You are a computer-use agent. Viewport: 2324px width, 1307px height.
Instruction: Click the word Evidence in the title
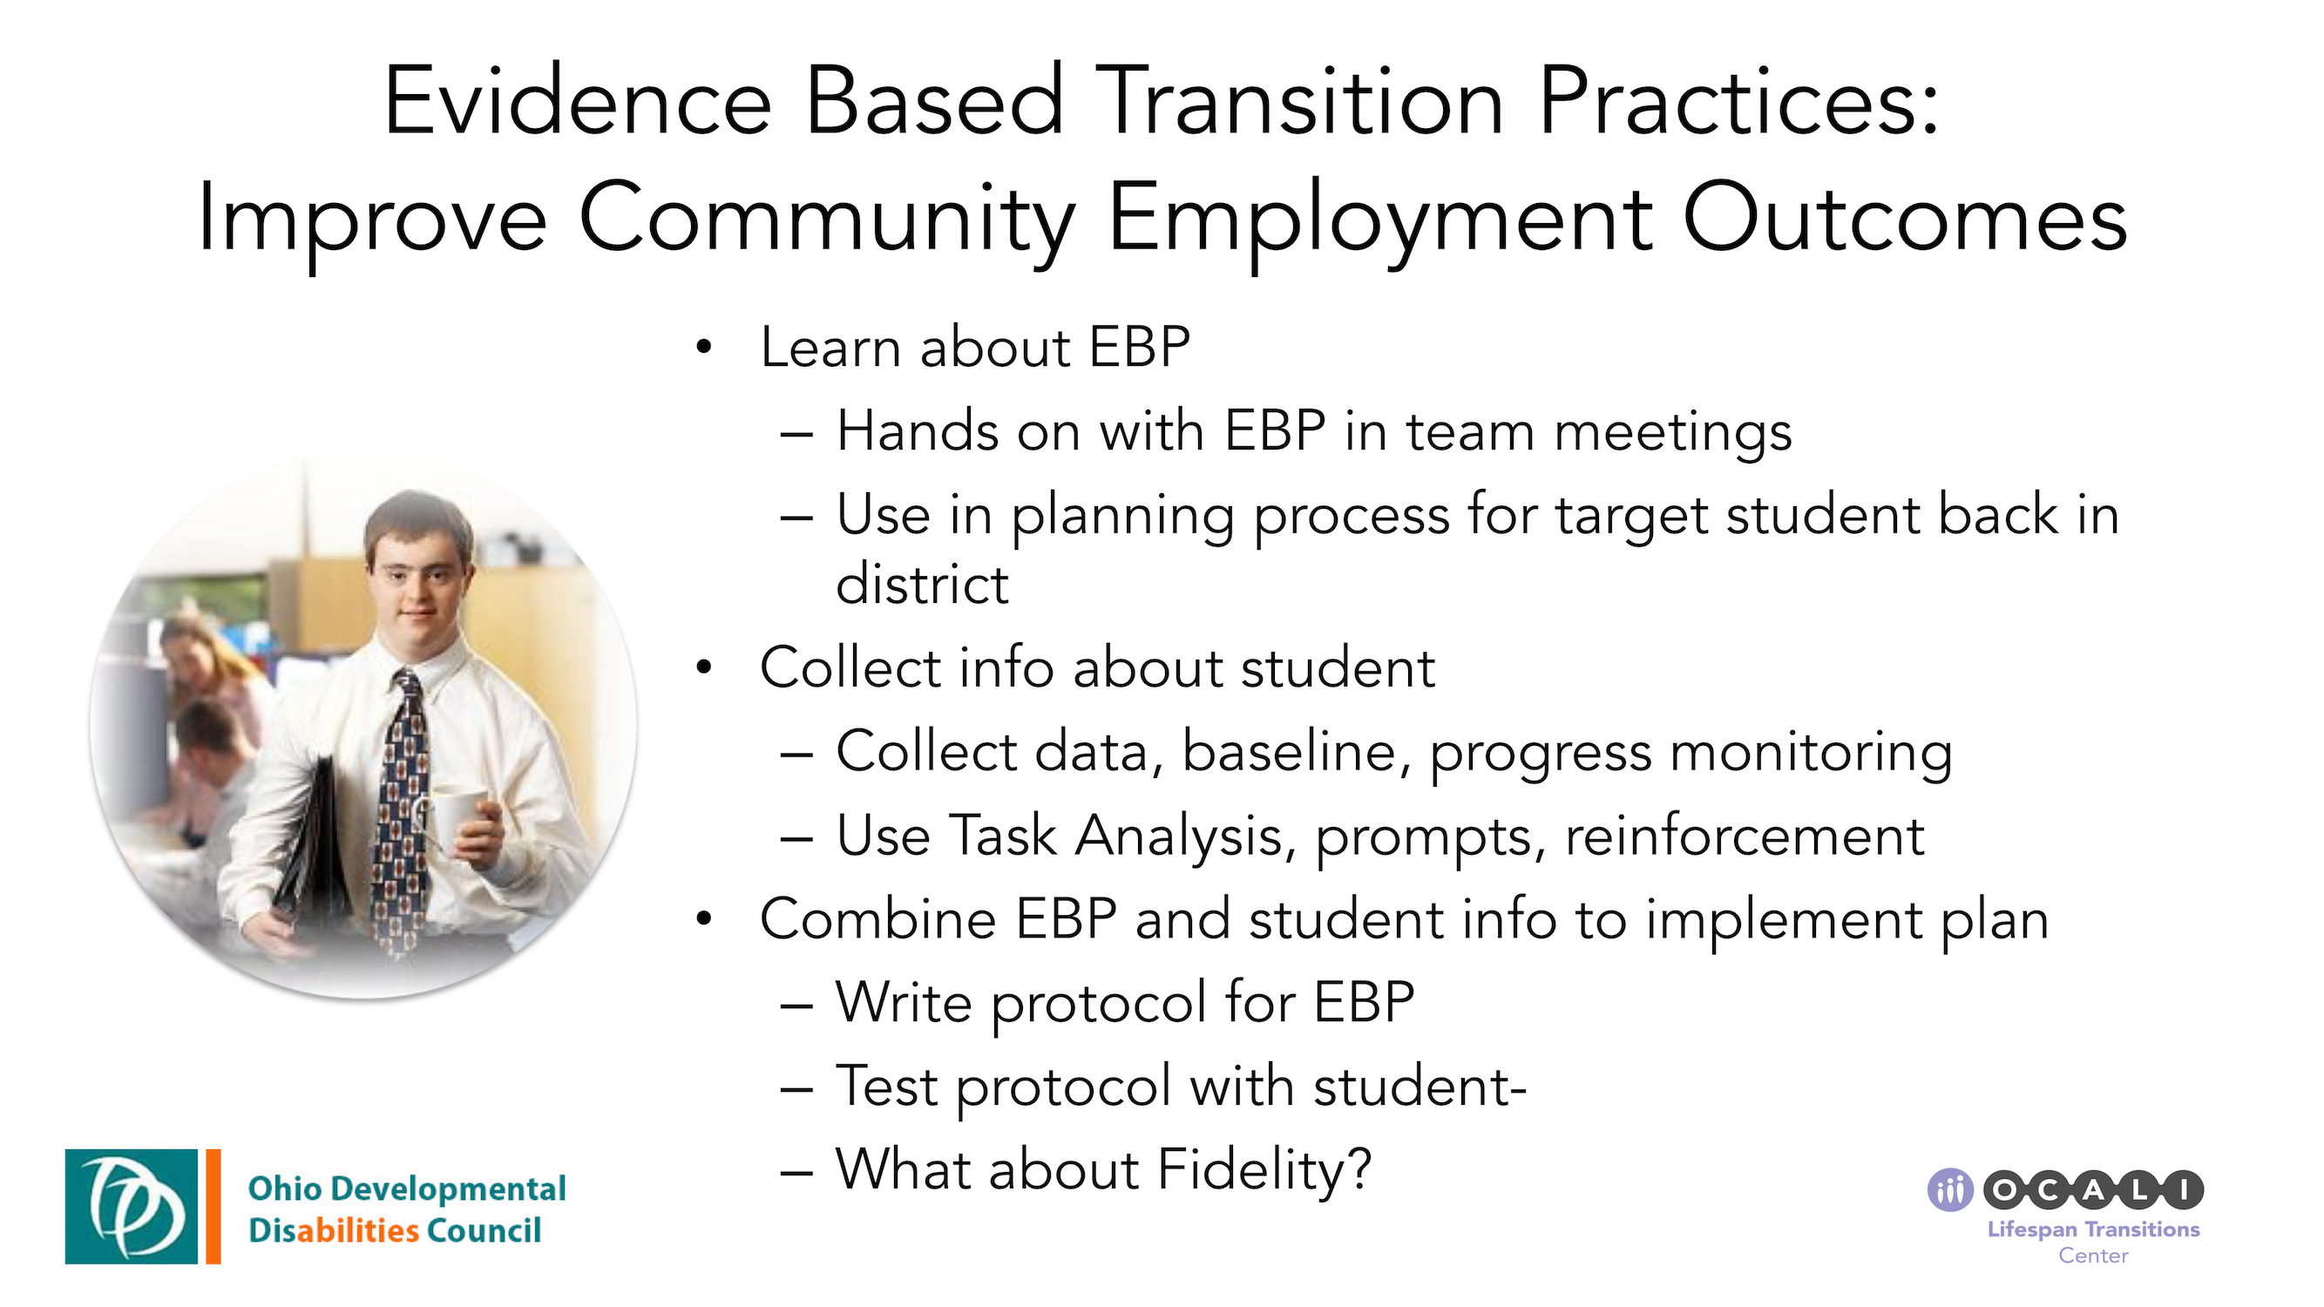point(578,101)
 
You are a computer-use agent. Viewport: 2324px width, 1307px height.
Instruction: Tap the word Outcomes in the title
point(1904,219)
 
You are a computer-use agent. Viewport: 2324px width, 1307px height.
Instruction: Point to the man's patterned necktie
point(403,812)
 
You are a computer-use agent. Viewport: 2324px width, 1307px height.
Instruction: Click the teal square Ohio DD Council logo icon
point(131,1206)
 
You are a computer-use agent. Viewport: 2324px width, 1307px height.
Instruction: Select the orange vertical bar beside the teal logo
point(213,1206)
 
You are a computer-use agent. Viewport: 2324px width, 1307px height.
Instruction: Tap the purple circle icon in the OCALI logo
point(1949,1189)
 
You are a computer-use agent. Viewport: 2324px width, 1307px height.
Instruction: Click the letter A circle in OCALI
point(2093,1189)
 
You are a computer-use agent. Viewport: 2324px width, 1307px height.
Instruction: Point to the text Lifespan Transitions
point(2093,1229)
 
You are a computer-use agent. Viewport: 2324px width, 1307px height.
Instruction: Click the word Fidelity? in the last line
point(1263,1170)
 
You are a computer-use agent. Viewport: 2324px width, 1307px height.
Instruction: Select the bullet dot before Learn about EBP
point(704,348)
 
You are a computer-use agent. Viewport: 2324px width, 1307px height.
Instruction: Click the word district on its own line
point(921,585)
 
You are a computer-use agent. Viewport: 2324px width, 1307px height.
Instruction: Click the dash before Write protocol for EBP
point(796,1004)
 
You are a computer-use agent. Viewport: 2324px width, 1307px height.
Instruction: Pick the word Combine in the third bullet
point(877,920)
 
